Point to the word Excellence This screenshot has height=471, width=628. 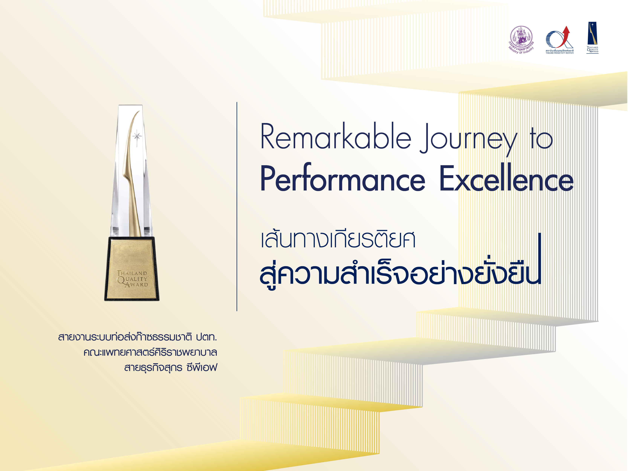coord(506,177)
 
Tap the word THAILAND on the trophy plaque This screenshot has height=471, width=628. coord(132,273)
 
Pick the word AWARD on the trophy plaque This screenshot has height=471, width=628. coord(137,284)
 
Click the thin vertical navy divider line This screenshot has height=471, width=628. coord(237,206)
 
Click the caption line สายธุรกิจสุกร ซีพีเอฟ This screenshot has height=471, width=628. coord(171,368)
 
